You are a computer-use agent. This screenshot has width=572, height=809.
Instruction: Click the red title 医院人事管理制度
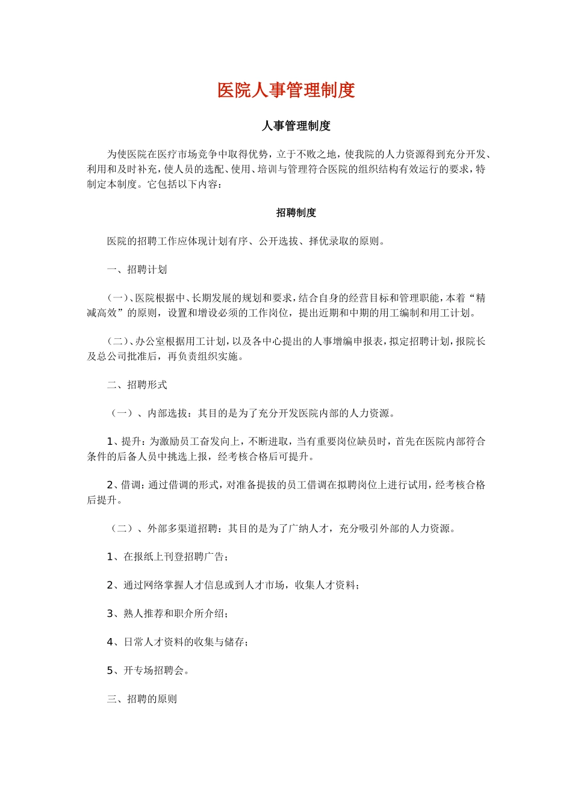coord(286,90)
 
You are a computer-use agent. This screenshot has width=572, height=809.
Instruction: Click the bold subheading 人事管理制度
coord(296,126)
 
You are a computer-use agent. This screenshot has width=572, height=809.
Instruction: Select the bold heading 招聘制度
coord(296,212)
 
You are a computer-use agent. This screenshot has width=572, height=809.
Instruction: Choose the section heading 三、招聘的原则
coord(142,699)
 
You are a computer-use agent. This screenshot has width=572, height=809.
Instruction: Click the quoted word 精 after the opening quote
coord(480,298)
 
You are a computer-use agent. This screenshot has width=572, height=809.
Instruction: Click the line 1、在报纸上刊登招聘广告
coord(167,557)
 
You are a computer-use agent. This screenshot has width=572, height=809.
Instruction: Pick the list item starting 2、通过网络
coord(233,585)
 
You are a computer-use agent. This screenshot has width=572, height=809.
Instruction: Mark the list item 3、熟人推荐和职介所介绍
coord(167,613)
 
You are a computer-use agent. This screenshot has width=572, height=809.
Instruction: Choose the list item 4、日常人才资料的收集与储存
coord(178,642)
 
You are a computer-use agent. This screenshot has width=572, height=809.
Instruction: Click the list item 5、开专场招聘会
coord(148,671)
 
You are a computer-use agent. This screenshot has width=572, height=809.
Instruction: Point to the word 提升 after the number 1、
coord(132,442)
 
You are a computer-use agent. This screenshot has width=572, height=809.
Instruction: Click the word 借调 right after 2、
coord(132,485)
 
